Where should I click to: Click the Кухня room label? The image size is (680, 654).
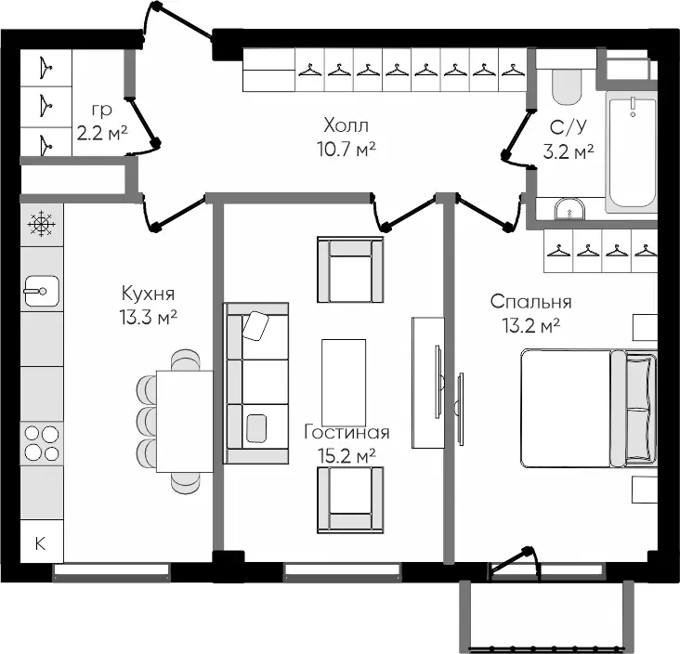[x=149, y=294]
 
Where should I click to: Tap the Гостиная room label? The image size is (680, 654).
[x=347, y=432]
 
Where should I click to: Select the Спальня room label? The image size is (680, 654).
[x=530, y=302]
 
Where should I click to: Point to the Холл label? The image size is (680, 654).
[x=347, y=125]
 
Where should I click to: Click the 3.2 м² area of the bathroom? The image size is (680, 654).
[x=569, y=152]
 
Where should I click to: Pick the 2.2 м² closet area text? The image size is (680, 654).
[x=102, y=133]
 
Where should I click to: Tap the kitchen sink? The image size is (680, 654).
[x=42, y=291]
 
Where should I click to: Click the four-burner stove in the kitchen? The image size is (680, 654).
[x=42, y=443]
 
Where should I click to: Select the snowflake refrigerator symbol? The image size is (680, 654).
[x=41, y=224]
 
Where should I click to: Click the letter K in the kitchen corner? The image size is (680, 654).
[x=40, y=543]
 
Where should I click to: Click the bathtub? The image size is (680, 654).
[x=632, y=151]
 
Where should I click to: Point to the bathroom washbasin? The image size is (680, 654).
[x=569, y=209]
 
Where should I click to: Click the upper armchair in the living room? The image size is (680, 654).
[x=350, y=269]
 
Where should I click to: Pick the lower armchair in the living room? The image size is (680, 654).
[x=350, y=500]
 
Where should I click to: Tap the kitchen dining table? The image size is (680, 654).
[x=185, y=421]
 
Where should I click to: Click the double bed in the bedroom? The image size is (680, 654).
[x=588, y=408]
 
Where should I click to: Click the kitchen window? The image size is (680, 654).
[x=111, y=572]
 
